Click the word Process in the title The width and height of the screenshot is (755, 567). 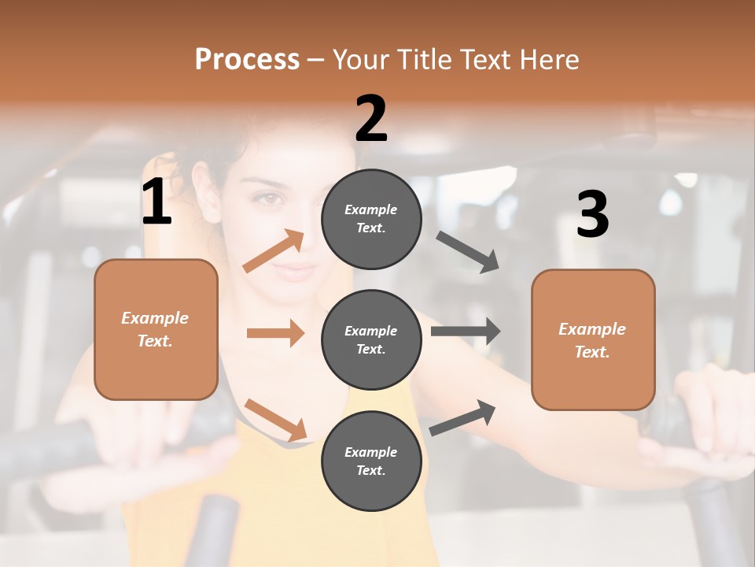point(247,59)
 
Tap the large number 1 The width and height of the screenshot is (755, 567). point(157,202)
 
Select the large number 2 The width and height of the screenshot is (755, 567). point(371,119)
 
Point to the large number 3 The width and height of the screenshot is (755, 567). point(592,214)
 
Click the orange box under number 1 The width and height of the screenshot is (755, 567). point(156,329)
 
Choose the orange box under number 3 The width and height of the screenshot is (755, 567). point(593,339)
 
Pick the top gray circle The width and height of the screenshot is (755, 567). point(371,219)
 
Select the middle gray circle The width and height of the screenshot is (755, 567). point(371,339)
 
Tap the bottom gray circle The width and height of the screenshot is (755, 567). point(371,461)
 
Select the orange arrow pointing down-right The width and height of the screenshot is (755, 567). point(276,420)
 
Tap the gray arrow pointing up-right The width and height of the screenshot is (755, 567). point(463,417)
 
